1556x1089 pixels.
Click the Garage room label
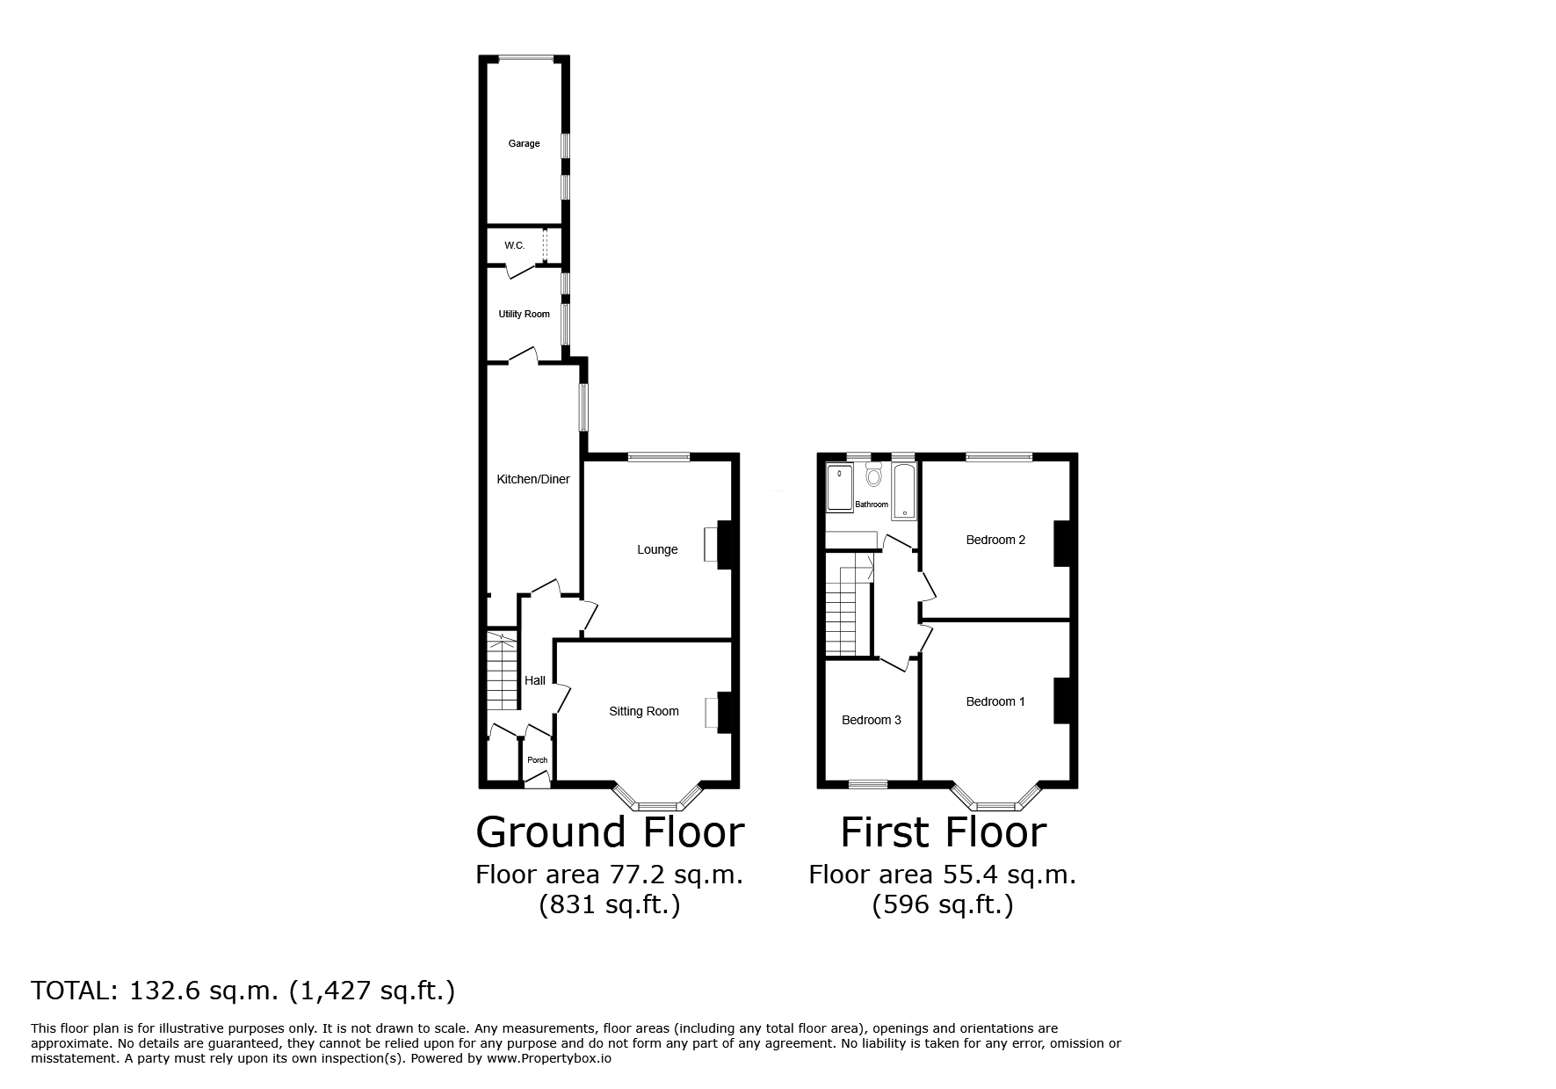(524, 143)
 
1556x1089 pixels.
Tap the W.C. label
(515, 245)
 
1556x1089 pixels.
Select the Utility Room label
(525, 314)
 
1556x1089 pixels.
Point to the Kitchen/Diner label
(533, 479)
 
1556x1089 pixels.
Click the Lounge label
(657, 549)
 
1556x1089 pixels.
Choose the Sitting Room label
(644, 711)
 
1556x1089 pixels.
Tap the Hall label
(535, 680)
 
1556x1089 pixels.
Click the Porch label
(537, 760)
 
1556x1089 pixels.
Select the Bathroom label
(872, 505)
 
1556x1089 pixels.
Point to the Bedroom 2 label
(995, 540)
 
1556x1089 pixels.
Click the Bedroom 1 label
(995, 701)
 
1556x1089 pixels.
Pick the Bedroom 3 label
(872, 720)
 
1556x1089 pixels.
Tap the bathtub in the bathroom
(905, 490)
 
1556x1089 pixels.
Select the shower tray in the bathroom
(840, 488)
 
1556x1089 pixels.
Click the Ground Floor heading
(610, 831)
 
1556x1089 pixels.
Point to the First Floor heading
(944, 831)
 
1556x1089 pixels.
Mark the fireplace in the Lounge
(719, 546)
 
